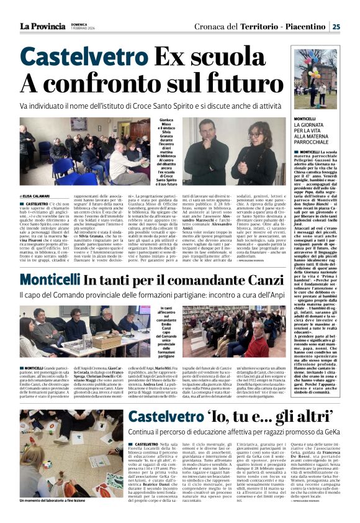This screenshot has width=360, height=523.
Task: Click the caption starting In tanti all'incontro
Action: [x=171, y=330]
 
